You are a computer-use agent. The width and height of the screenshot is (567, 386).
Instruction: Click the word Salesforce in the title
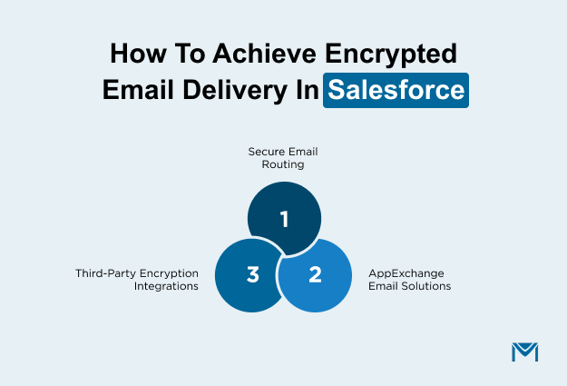click(396, 91)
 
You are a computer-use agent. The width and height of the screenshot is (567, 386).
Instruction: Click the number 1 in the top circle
click(284, 219)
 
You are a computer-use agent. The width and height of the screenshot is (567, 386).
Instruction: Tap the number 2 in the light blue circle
click(315, 273)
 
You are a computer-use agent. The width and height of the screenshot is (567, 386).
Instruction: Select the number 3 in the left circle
click(253, 273)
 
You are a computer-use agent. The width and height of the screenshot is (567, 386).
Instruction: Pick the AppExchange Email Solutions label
click(409, 279)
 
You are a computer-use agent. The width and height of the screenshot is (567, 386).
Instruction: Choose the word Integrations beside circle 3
click(170, 285)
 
